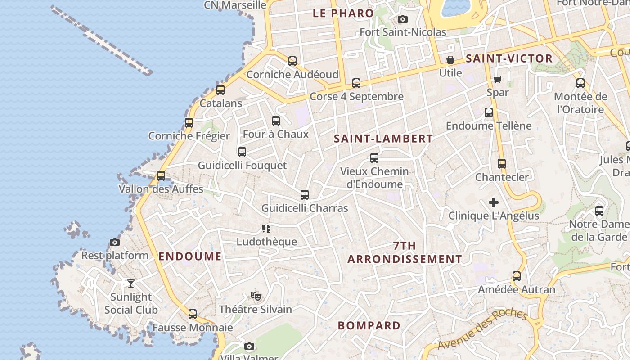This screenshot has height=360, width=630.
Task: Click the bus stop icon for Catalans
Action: tap(220, 90)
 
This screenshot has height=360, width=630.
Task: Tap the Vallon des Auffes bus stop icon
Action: tap(161, 176)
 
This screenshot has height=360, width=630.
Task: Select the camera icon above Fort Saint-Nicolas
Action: tap(403, 19)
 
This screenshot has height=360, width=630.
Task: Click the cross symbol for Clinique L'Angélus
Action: tap(494, 202)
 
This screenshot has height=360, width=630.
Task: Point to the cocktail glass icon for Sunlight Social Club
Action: tap(131, 283)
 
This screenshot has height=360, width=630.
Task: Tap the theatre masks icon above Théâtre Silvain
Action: tap(256, 296)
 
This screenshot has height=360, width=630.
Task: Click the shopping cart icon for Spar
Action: tap(497, 80)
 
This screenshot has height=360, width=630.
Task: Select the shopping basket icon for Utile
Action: tap(450, 60)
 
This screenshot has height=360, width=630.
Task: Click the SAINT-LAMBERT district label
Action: tap(383, 139)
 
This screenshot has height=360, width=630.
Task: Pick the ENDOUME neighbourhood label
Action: tap(190, 256)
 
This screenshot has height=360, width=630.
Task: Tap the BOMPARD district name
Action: tap(369, 325)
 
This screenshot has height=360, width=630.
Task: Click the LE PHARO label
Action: tap(343, 13)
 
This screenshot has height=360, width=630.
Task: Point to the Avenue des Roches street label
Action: tap(482, 329)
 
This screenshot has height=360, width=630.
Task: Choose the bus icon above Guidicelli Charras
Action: tap(305, 195)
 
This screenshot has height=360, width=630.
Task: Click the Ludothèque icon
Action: tap(266, 229)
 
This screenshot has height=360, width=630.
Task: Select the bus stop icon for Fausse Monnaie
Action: tap(193, 314)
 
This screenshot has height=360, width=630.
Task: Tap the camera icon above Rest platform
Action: tap(115, 243)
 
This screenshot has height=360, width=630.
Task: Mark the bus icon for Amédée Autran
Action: tap(517, 276)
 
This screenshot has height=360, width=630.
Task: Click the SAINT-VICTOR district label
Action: tap(509, 58)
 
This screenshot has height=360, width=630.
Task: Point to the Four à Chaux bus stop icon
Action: tap(276, 121)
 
